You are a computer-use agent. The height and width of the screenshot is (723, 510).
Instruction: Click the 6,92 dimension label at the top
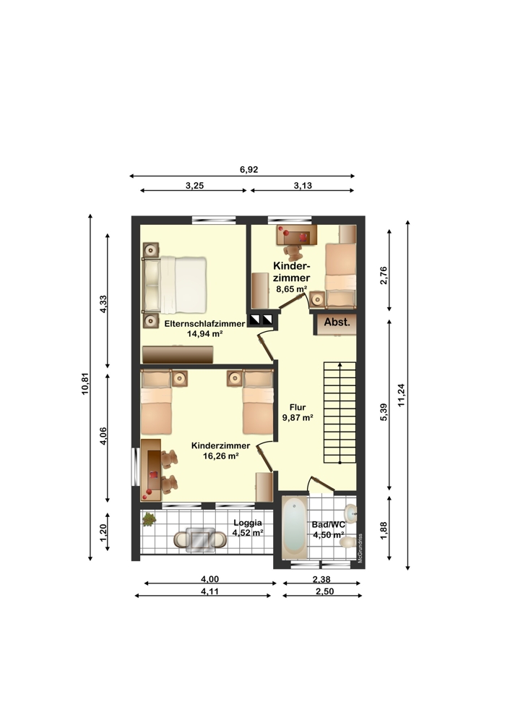[x=249, y=169]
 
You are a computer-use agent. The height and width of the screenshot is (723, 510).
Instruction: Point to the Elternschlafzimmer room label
[x=204, y=324]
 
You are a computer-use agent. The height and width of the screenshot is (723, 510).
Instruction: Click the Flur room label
[x=297, y=406]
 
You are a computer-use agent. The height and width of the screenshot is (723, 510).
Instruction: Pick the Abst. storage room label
[x=337, y=322]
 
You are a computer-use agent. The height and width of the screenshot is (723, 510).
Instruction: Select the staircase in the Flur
[x=340, y=412]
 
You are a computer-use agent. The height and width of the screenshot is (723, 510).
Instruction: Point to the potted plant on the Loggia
[x=150, y=518]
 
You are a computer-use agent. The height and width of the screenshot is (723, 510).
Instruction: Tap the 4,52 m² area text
[x=247, y=534]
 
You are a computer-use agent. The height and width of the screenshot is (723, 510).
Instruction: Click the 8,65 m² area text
[x=291, y=288]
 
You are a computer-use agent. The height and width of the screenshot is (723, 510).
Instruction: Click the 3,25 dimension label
[x=194, y=185]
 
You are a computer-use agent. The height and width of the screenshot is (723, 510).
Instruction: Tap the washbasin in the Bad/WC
[x=351, y=513]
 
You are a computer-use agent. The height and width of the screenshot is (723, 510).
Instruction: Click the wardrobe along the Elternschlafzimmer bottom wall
[x=178, y=354]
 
